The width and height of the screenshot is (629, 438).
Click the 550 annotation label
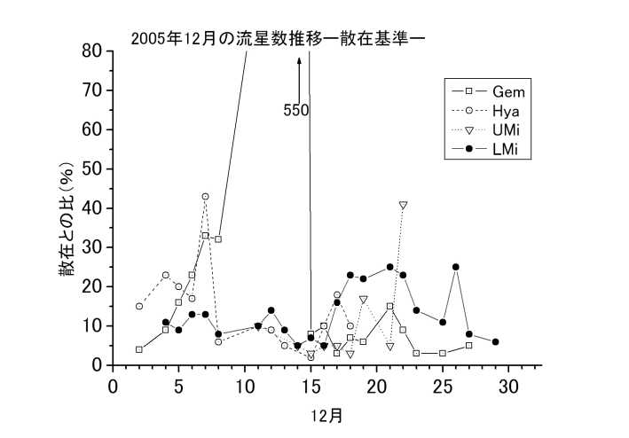coord(296,111)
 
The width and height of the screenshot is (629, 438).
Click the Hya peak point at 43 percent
coord(205,196)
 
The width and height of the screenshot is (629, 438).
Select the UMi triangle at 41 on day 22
coord(403,205)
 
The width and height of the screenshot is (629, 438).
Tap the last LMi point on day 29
coord(495,341)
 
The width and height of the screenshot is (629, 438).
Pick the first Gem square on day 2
coord(139,349)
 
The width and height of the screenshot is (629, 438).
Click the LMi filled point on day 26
coord(455,267)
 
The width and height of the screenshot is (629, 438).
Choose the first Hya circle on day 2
coord(139,306)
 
